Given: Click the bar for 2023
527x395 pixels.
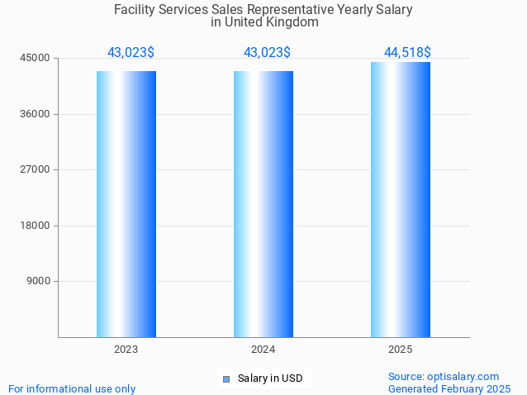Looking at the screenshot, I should click(x=126, y=204).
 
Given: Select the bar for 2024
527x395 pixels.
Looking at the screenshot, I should click(x=263, y=204).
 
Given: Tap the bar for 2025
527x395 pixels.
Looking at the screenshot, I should click(x=401, y=199).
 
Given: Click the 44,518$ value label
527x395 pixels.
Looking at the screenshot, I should click(x=407, y=52).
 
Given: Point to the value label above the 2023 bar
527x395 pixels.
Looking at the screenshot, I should click(x=131, y=52).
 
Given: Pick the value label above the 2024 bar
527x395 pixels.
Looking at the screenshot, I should click(x=267, y=52).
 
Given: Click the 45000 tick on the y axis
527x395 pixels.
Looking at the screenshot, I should click(x=36, y=59).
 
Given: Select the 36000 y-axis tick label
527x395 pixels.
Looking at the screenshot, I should click(x=36, y=114).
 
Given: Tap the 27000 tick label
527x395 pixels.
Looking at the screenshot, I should click(x=36, y=169).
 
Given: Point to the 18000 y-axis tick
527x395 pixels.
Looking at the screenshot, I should click(x=36, y=226).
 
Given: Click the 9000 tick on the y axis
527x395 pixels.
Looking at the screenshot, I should click(x=38, y=281).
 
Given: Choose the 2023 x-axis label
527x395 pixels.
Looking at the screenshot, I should click(x=126, y=350).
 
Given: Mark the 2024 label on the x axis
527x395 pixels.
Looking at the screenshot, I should click(x=263, y=350).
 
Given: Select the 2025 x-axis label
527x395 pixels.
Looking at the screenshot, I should click(x=401, y=350).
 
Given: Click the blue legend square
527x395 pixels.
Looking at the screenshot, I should click(x=226, y=379).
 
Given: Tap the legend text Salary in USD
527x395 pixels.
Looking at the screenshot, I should click(x=270, y=378).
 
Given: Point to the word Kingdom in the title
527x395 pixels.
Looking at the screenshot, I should click(x=291, y=22).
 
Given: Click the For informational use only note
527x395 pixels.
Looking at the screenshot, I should click(x=72, y=388).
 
